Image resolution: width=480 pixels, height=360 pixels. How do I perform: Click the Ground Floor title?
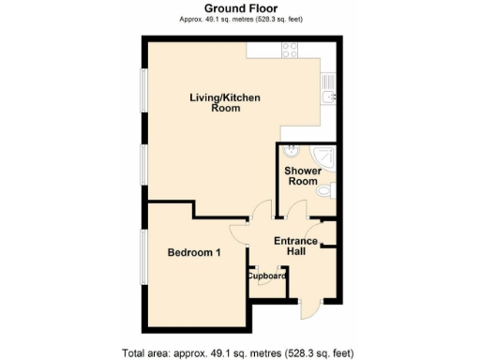click(x=239, y=7)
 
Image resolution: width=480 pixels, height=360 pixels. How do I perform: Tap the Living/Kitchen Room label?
click(x=225, y=102)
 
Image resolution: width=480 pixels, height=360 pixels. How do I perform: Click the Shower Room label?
click(x=303, y=176)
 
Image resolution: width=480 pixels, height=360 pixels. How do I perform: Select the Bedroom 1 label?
click(x=194, y=252)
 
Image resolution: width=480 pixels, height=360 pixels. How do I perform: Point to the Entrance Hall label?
click(x=294, y=247)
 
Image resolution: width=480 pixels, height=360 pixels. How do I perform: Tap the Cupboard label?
click(x=265, y=276)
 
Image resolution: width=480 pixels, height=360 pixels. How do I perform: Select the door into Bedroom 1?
click(x=240, y=232)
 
